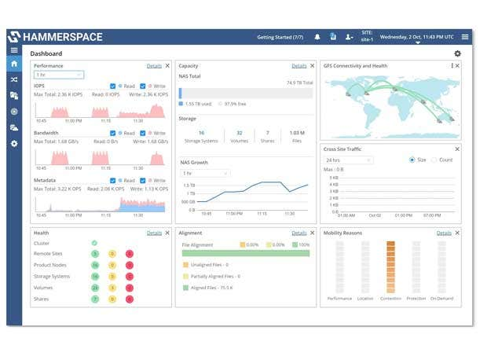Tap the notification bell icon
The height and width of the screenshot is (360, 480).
click(317, 37)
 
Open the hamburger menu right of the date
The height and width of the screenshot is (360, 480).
click(464, 37)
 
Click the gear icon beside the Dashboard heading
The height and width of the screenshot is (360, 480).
click(458, 53)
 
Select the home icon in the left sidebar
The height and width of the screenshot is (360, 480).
click(13, 64)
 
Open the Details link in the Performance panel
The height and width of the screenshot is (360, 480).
click(154, 66)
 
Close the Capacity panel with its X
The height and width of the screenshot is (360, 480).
click(312, 66)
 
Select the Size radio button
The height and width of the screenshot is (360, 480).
click(412, 160)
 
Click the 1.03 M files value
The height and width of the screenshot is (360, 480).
click(297, 133)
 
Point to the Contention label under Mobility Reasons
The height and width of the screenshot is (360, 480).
click(390, 299)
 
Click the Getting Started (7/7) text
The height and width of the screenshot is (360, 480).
click(280, 37)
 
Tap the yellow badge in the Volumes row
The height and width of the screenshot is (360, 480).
click(112, 288)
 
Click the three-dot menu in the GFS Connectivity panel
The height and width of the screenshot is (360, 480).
click(453, 66)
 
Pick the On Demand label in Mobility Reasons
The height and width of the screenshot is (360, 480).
click(442, 299)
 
